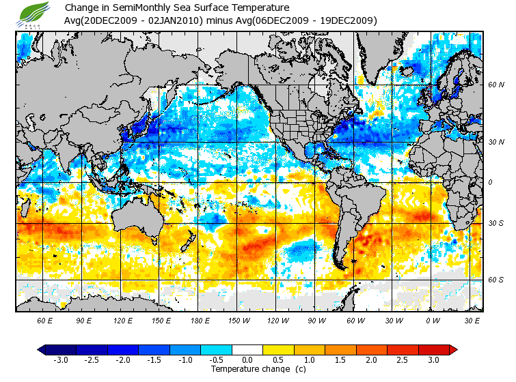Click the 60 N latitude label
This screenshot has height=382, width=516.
click(495, 85)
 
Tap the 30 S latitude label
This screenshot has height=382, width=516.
click(495, 223)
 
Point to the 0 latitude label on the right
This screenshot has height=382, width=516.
click(490, 182)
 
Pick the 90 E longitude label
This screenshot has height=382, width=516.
click(84, 320)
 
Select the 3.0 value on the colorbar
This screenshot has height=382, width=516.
click(433, 360)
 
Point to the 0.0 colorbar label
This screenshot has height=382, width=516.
click(247, 360)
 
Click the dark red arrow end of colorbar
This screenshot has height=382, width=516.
click(452, 349)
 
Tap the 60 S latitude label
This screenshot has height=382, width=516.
click(495, 280)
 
